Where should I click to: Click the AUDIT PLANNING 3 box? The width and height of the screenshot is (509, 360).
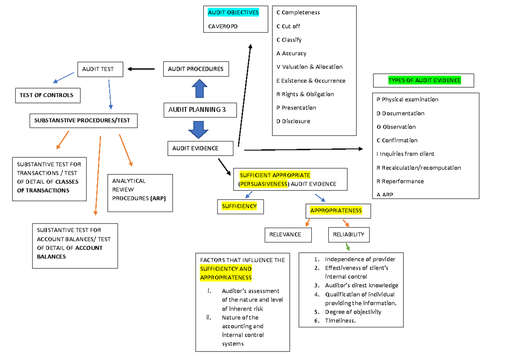point(197,110)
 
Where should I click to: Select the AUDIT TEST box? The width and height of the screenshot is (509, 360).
point(100,69)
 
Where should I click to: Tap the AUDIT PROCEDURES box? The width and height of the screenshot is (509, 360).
point(196,69)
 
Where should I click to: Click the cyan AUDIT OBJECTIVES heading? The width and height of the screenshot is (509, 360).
point(233,13)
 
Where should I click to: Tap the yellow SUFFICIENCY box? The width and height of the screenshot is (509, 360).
point(239,206)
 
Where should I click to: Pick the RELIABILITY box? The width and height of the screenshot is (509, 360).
point(348,234)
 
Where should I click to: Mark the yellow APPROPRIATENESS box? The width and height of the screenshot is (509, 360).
point(336,211)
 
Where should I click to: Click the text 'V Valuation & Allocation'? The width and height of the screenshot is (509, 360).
point(309,67)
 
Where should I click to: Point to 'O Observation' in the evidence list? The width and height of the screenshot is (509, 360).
point(396,127)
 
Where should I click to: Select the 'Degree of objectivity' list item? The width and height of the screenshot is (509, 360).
point(353,312)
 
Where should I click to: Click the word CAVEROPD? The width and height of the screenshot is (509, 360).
point(223,26)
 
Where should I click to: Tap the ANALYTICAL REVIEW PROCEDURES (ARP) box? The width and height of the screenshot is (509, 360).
point(140,193)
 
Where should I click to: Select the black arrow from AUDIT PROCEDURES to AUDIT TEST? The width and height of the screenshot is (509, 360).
point(141,69)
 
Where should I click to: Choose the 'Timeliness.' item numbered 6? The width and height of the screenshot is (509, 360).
point(340,321)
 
